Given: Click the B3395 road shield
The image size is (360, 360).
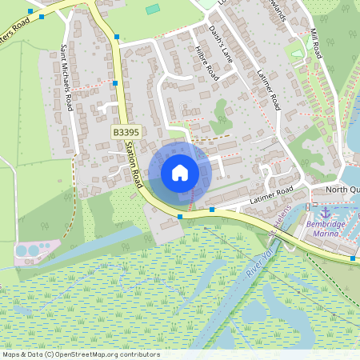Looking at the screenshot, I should click(125, 131).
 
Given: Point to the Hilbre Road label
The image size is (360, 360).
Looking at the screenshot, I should click(206, 62).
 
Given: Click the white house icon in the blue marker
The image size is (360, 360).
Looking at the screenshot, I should click(180, 172).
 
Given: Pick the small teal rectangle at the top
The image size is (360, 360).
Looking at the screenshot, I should click(153, 9).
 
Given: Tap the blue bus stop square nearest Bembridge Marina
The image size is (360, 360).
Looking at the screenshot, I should click(354, 258).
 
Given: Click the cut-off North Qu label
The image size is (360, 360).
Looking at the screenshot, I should click(345, 190).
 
